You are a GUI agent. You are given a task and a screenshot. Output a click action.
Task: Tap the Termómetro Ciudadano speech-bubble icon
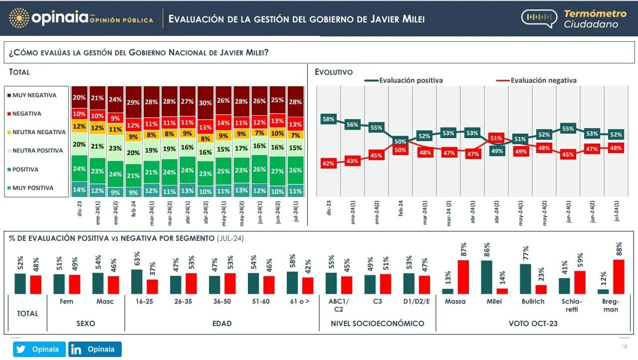539,18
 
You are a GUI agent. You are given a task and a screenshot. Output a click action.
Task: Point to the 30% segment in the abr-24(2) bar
205,103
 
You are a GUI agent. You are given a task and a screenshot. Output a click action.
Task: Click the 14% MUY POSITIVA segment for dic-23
79,189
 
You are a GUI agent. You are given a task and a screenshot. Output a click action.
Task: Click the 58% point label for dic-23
328,119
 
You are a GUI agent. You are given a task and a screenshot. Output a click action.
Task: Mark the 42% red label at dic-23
328,163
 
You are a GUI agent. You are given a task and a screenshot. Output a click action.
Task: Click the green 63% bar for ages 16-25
137,281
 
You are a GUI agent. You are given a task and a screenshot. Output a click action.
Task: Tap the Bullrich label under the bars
533,302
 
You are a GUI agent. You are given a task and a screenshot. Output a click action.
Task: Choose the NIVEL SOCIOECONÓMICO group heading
377,324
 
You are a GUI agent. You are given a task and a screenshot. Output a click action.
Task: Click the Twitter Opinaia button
39,350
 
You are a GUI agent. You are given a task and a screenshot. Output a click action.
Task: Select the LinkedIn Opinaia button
95,350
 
